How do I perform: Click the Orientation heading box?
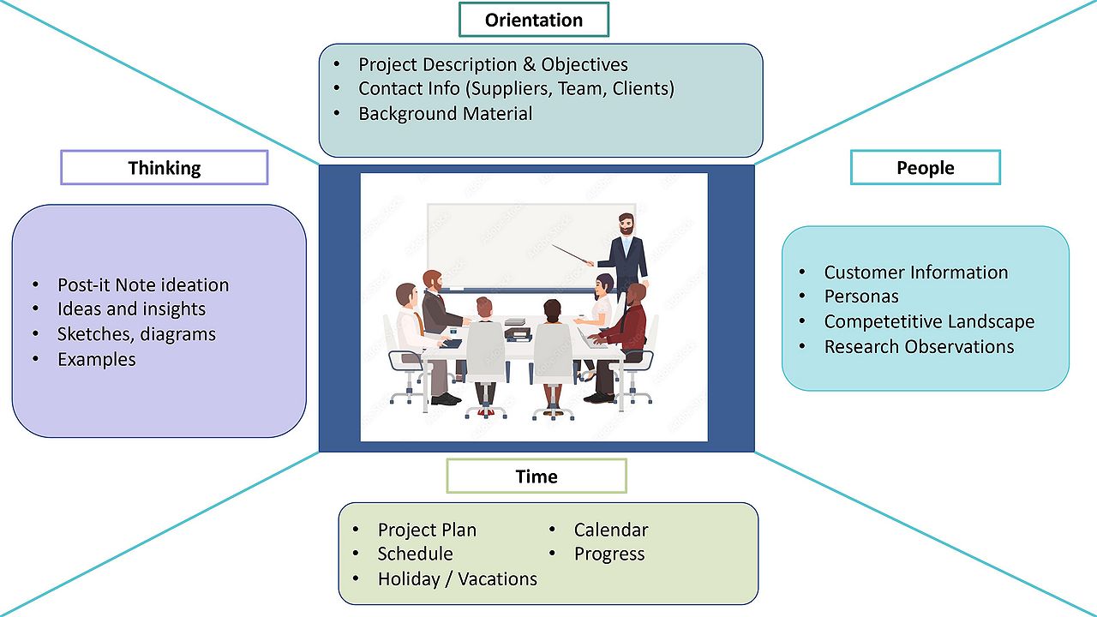point(533,20)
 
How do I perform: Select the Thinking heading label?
point(164,168)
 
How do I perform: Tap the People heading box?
point(925,168)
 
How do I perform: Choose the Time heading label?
point(537,476)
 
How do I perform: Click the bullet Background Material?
point(445,113)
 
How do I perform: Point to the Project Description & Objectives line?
point(493,64)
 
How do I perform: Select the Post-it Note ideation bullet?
point(143,285)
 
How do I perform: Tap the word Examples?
point(97,359)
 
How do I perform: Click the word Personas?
point(861,297)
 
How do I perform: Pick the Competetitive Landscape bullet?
point(929,321)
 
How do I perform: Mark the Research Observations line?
point(919,346)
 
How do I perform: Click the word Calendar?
point(611,530)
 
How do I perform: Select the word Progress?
point(609,554)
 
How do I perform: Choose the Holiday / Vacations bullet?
point(457,579)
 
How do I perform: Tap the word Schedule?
point(415,554)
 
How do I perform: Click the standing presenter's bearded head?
point(627,225)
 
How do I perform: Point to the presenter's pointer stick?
point(574,255)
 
